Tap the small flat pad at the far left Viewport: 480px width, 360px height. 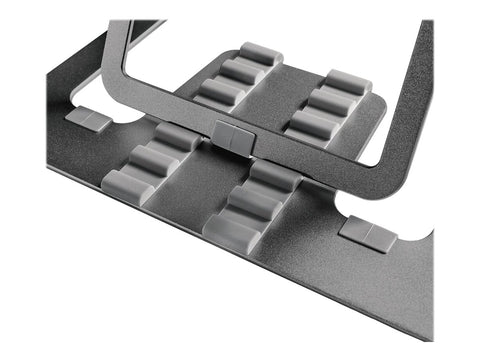click(x=87, y=119)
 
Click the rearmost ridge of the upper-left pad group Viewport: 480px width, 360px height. click(x=259, y=55)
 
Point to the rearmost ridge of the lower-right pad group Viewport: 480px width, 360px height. click(x=276, y=174)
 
